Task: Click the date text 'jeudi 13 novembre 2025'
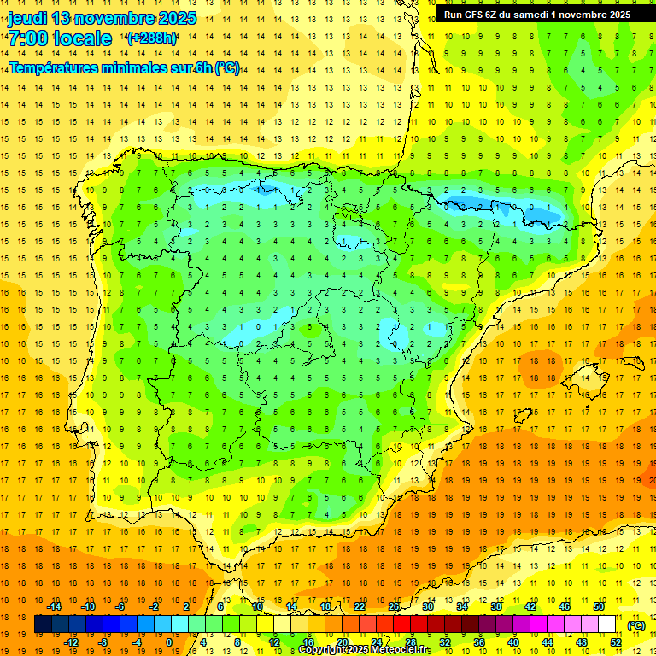[x=102, y=18]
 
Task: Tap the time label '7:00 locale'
[x=60, y=38]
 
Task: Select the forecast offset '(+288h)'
[x=152, y=38]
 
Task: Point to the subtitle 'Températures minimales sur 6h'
[x=111, y=68]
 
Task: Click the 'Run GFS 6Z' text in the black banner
[x=475, y=15]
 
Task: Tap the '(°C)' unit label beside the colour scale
[x=636, y=625]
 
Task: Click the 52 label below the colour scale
[x=616, y=642]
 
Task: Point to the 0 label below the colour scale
[x=168, y=642]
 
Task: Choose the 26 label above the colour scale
[x=394, y=606]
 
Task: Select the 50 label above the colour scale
[x=599, y=606]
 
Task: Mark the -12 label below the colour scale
[x=72, y=642]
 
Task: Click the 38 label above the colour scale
[x=496, y=606]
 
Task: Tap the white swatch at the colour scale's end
[x=607, y=624]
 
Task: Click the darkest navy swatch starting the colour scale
[x=43, y=624]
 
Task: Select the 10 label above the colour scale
[x=257, y=606]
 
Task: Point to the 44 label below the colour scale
[x=548, y=642]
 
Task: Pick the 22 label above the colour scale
[x=360, y=606]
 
